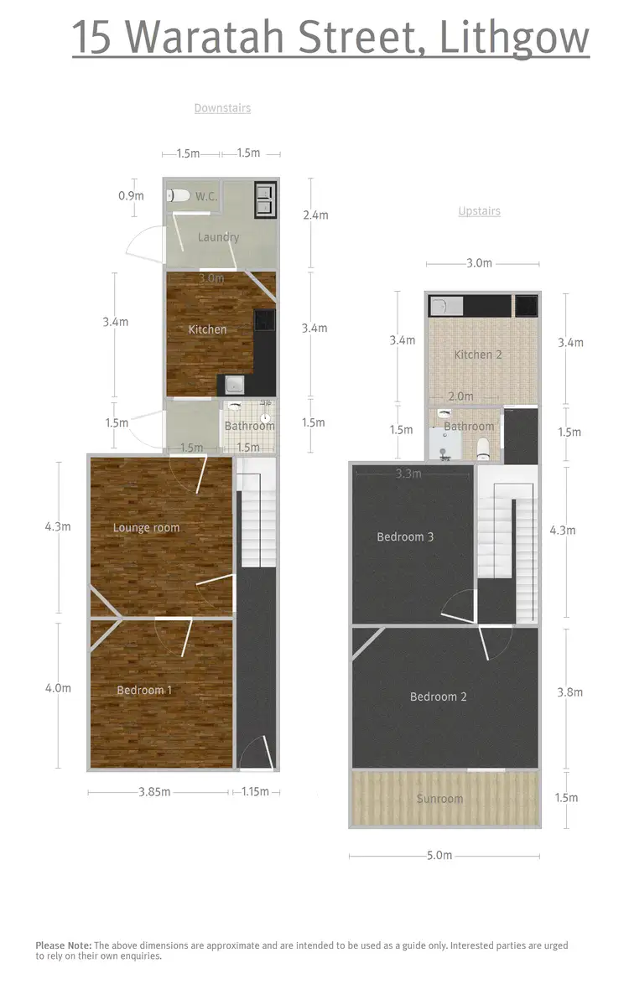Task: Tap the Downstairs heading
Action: (x=222, y=108)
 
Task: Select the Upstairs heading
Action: (x=479, y=211)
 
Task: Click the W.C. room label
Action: (x=206, y=197)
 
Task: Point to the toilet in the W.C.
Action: (x=178, y=196)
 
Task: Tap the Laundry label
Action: (x=218, y=237)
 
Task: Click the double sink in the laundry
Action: (x=265, y=199)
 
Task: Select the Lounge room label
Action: (x=147, y=528)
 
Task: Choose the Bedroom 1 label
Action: (x=144, y=690)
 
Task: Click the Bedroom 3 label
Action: (x=405, y=536)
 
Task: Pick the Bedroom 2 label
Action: (x=439, y=697)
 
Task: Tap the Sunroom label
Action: (x=440, y=799)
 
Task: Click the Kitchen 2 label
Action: (x=478, y=355)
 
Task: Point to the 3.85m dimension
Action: (x=154, y=791)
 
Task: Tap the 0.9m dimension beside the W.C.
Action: (x=131, y=196)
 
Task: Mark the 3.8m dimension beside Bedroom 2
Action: (x=569, y=692)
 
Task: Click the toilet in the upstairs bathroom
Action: (x=485, y=447)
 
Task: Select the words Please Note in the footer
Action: (x=64, y=945)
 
